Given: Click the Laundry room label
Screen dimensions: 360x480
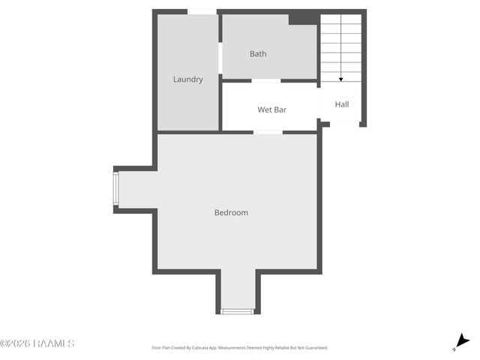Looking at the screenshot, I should [187, 79].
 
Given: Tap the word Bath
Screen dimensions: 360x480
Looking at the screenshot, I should [258, 54].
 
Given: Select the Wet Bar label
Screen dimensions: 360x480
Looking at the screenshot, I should [271, 110].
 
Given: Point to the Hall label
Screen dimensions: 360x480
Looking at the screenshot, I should [342, 105].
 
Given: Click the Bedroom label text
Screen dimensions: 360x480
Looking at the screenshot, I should [231, 213].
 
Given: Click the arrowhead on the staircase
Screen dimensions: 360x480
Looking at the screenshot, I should [341, 79].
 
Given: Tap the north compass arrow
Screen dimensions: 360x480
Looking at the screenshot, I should [462, 342].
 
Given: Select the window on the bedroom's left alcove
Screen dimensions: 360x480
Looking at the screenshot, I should [115, 189].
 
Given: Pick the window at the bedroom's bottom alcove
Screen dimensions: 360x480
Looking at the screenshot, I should [237, 311].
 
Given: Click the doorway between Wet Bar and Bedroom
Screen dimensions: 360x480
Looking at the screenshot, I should [268, 133].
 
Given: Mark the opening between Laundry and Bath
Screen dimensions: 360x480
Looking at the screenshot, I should [220, 58].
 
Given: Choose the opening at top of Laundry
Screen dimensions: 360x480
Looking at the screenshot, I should [202, 11].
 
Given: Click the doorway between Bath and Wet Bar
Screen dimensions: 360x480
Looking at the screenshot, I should [266, 80].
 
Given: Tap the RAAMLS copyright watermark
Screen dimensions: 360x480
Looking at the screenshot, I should [37, 343].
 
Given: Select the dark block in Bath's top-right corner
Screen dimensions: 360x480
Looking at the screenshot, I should [303, 18].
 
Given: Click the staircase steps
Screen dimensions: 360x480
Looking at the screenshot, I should [341, 45].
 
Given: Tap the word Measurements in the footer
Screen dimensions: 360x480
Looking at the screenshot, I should [241, 348].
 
